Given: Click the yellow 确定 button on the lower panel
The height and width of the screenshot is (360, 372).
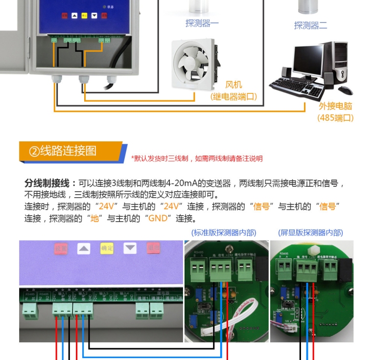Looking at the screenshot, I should (107, 248).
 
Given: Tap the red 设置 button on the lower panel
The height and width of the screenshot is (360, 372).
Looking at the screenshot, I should (61, 248).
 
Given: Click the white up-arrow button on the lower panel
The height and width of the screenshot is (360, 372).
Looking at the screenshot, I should (84, 248).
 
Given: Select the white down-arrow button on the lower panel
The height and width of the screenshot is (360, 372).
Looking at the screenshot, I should (130, 248).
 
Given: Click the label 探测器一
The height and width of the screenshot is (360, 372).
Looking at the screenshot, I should (202, 23).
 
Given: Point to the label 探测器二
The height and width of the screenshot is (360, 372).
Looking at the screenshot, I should (310, 25).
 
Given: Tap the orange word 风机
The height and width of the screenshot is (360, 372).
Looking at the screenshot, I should (233, 85).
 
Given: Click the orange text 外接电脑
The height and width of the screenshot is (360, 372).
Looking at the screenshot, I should (335, 106).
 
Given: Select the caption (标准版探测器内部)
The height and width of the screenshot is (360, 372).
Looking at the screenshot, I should (224, 233).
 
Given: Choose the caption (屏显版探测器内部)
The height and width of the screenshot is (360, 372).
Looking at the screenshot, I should (310, 233).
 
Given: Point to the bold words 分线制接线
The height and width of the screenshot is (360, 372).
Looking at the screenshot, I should (47, 183).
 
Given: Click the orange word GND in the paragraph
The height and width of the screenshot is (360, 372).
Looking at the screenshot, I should (157, 218).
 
